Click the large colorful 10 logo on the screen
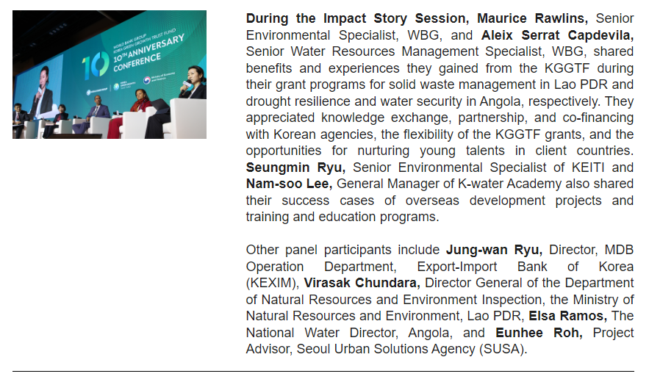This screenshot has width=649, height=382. tap(96, 66)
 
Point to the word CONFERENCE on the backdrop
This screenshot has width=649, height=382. tap(137, 62)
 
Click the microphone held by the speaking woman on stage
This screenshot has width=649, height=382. tap(185, 85)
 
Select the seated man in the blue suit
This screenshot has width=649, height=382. tap(96, 112)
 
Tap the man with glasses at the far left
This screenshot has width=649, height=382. tap(18, 115)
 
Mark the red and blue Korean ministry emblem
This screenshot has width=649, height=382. tap(146, 80)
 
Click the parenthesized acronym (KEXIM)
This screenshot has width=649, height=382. tap(273, 283)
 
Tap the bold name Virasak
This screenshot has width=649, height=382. tap(327, 283)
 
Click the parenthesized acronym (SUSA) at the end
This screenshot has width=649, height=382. tap(503, 349)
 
